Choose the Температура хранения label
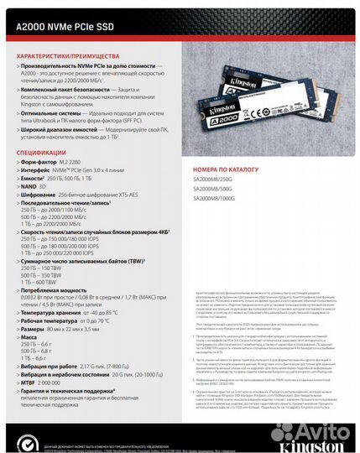tap(55, 312)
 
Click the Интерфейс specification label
tap(39, 169)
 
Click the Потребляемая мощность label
tap(58, 288)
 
